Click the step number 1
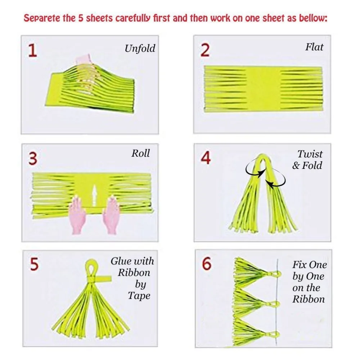[x=33, y=50]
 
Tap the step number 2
[x=205, y=50]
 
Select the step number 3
[x=33, y=159]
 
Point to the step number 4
[x=206, y=158]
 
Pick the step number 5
[x=34, y=264]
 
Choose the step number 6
[x=206, y=264]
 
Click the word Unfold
[x=140, y=49]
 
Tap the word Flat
[x=314, y=47]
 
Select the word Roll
[x=140, y=153]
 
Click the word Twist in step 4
[x=310, y=154]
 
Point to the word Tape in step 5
[x=139, y=296]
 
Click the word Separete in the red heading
[x=42, y=18]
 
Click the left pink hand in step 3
[x=77, y=215]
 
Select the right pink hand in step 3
[x=111, y=215]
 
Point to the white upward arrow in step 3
[x=94, y=195]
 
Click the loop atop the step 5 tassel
[x=92, y=268]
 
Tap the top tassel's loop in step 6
[x=275, y=274]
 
